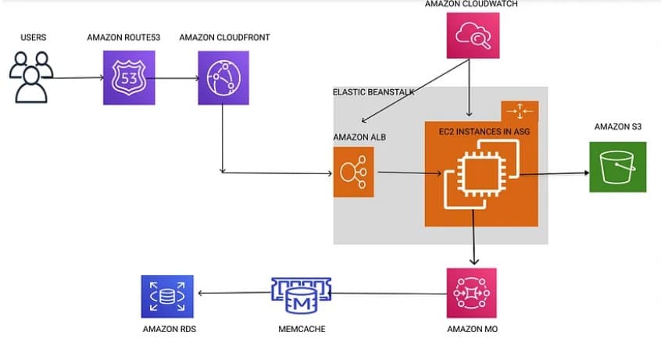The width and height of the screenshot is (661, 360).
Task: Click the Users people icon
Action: click(x=32, y=76)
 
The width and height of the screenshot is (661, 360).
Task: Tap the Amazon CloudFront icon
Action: click(x=223, y=77)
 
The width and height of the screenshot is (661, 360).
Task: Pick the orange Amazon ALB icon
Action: click(x=353, y=172)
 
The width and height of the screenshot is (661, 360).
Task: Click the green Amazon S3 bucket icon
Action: click(x=618, y=166)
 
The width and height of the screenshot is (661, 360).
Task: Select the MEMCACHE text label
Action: click(x=302, y=330)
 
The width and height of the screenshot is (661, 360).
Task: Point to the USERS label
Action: click(x=32, y=37)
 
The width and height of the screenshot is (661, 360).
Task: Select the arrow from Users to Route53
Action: click(x=79, y=78)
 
